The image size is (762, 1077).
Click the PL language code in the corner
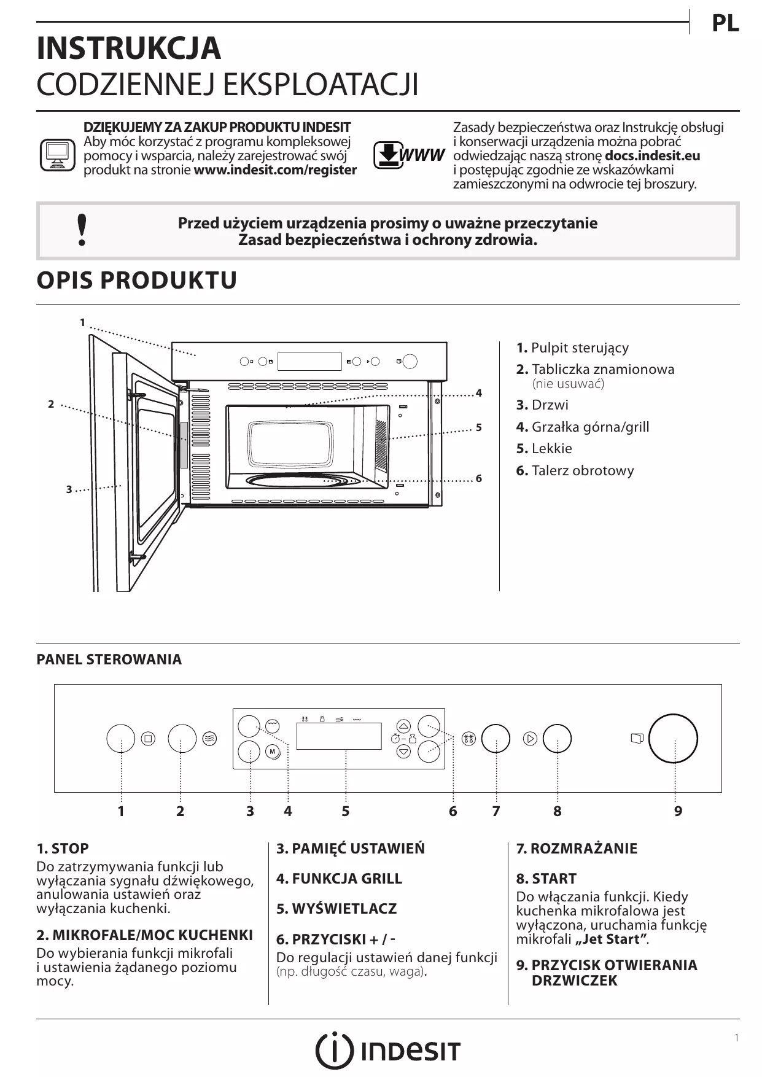point(725,23)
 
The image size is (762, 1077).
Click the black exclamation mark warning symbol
point(82,231)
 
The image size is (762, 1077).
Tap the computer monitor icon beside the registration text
point(57,155)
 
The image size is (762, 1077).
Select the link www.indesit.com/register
point(275,170)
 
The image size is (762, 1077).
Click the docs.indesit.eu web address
point(652,156)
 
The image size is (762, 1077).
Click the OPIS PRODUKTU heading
point(137,280)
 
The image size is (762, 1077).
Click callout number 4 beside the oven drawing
point(479,393)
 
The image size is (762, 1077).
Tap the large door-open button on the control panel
point(673,738)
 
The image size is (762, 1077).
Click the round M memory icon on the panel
point(273,752)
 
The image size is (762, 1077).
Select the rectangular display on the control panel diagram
point(338,736)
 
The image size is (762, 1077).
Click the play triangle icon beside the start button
point(530,739)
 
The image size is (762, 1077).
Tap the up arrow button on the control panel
point(403,725)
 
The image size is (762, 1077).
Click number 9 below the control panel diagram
point(678,811)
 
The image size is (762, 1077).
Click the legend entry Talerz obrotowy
point(575,471)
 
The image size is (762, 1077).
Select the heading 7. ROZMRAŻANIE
point(577,849)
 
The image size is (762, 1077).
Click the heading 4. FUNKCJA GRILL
point(339,879)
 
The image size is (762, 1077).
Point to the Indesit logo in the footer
point(387,1051)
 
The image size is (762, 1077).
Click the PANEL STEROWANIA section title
point(109,659)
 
